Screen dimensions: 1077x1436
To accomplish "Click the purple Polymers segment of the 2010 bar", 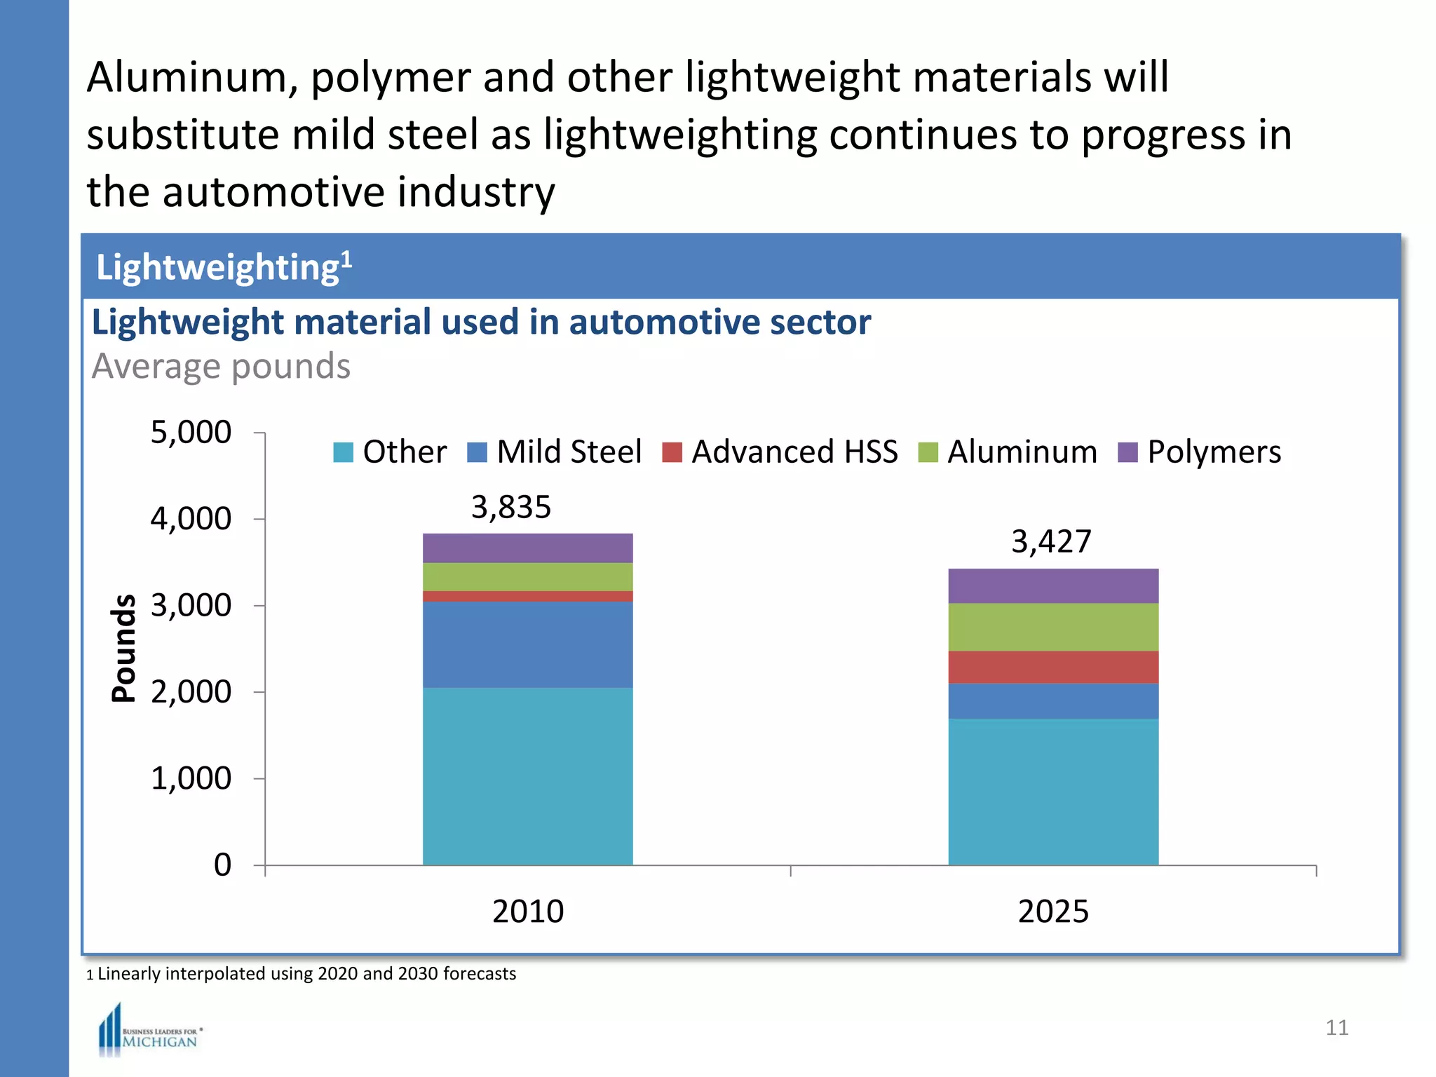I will click(527, 548).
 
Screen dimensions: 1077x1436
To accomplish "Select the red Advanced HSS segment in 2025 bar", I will click(1052, 667).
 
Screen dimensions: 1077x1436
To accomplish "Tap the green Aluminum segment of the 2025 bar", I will click(1052, 627).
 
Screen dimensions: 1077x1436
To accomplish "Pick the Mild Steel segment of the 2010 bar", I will click(527, 644).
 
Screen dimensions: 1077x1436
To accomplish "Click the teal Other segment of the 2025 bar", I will click(1052, 792).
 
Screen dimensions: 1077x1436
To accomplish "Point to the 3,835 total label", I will click(511, 507).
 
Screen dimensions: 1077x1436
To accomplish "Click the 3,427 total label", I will click(1051, 541).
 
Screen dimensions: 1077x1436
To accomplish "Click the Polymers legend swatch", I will click(1127, 452).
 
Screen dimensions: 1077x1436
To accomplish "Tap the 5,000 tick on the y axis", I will click(191, 433).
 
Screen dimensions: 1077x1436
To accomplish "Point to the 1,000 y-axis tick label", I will click(191, 778).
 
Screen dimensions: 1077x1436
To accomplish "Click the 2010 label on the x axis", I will click(527, 912).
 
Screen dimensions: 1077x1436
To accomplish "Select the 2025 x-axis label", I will click(1052, 912).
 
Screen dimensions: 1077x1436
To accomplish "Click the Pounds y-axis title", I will click(124, 648).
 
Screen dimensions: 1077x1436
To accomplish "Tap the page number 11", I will click(1336, 1028).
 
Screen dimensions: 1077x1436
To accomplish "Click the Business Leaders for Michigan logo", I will click(149, 1031).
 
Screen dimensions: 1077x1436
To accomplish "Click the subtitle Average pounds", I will click(221, 367).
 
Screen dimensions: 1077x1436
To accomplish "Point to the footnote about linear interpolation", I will click(302, 974).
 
